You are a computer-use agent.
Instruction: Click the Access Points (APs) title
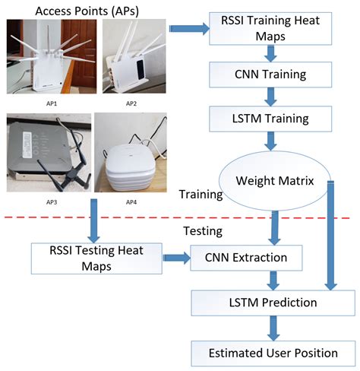click(86, 10)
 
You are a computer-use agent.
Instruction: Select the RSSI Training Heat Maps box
click(270, 30)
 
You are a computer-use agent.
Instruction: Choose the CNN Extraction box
click(246, 258)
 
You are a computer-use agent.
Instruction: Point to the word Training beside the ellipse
click(200, 195)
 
